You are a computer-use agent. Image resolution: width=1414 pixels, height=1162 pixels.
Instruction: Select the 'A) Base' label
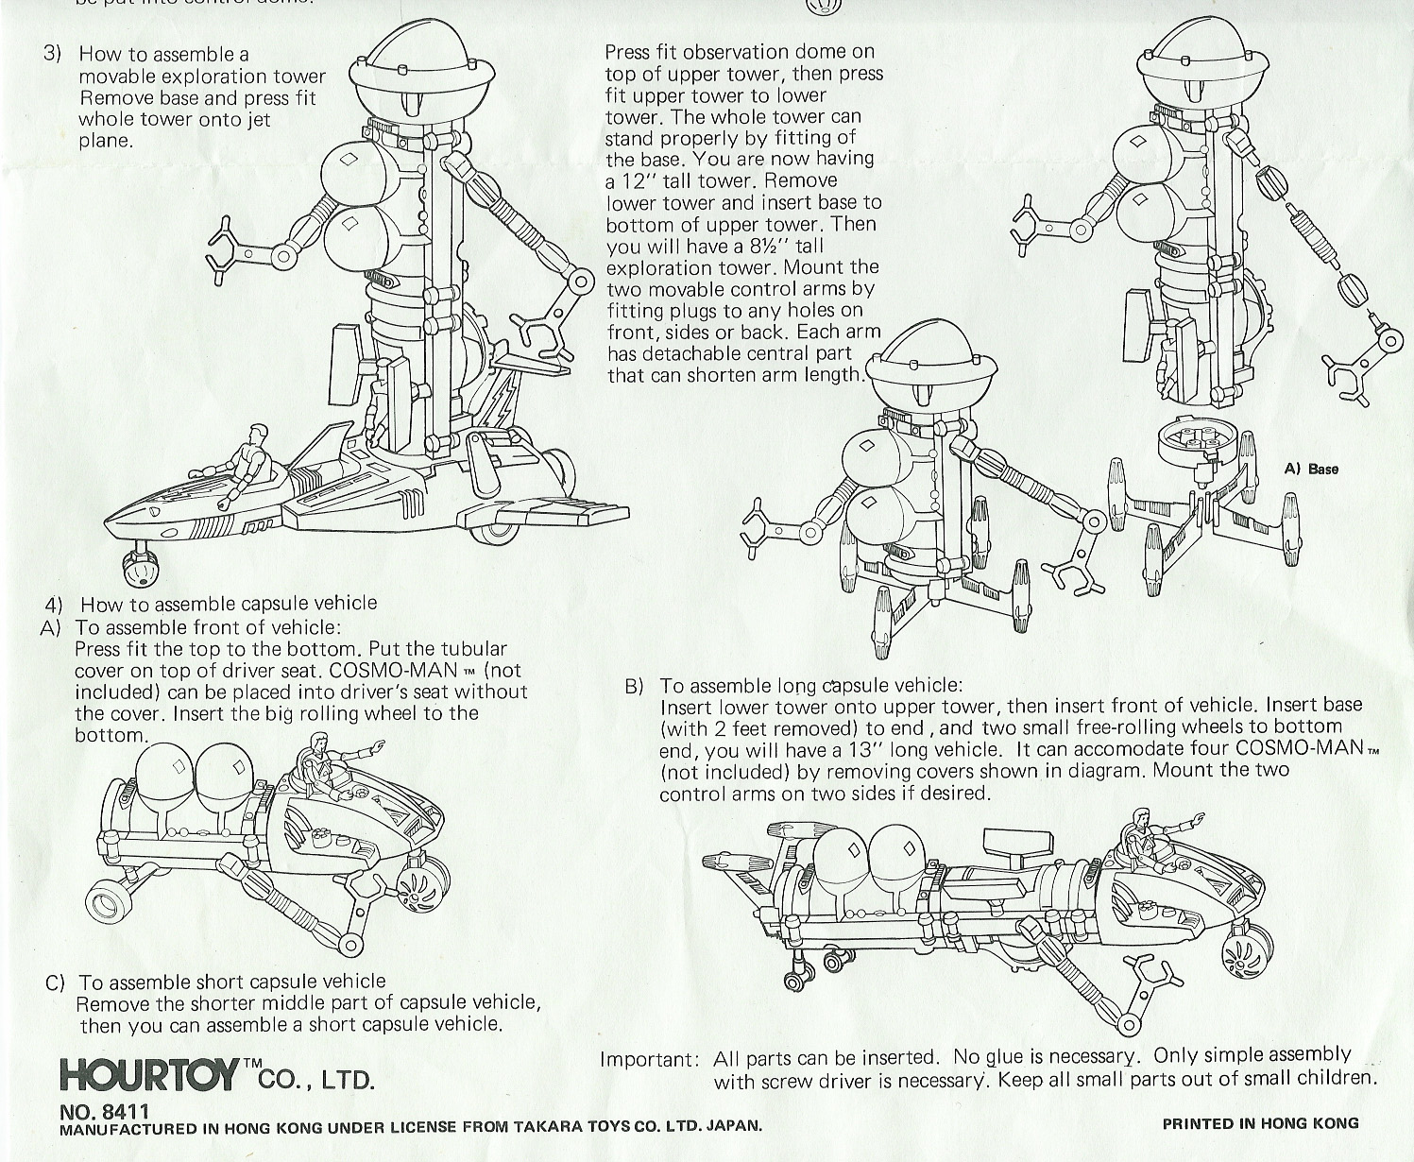click(1311, 469)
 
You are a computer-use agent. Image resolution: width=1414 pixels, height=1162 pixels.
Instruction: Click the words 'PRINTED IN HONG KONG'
click(1260, 1123)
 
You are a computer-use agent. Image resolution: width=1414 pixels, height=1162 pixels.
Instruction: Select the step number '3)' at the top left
click(53, 53)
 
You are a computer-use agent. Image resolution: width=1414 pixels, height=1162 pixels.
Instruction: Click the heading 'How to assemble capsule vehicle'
click(229, 604)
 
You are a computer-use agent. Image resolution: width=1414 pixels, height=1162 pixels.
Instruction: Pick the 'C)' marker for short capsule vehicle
click(56, 983)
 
